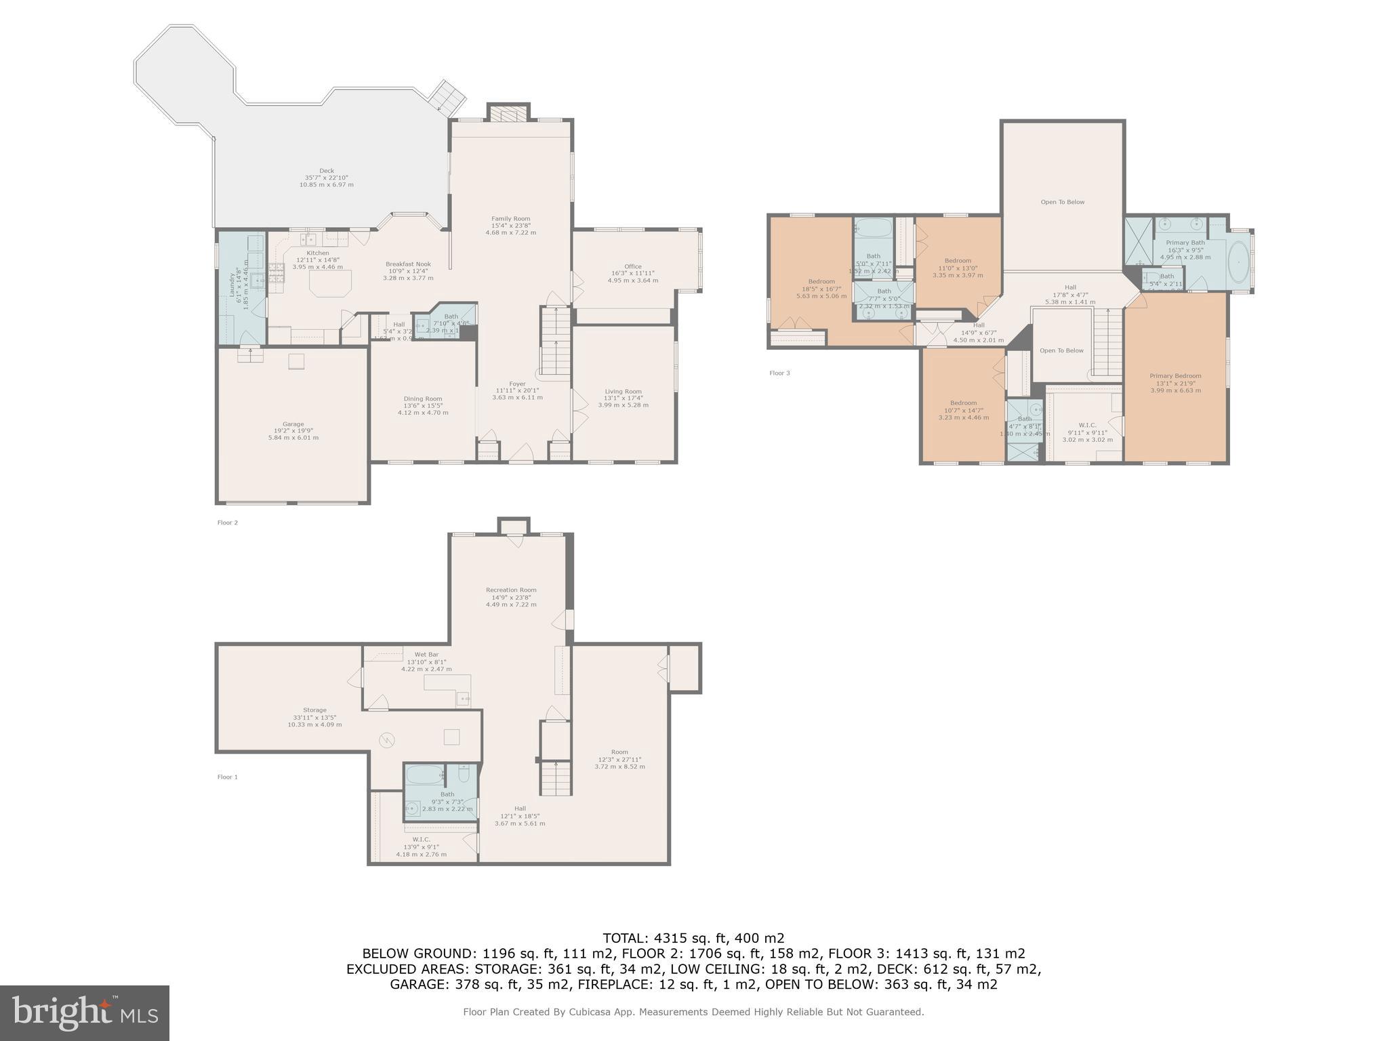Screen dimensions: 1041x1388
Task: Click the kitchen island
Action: click(330, 283)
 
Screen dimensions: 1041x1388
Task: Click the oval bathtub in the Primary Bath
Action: click(1238, 262)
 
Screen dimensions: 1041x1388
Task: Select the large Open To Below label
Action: click(1062, 202)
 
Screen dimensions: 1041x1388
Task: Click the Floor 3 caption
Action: click(779, 373)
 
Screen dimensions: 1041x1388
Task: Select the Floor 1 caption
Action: click(227, 777)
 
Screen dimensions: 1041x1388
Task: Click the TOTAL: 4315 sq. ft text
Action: click(693, 938)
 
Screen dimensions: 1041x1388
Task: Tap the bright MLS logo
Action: click(85, 1013)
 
